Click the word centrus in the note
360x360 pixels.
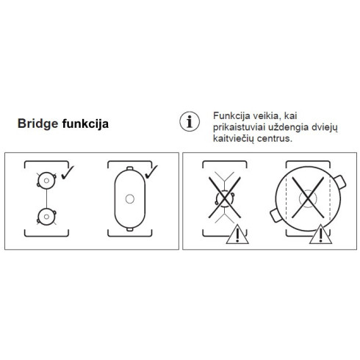coord(274,138)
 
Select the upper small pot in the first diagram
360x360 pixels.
coord(46,179)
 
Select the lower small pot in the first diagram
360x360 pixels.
coord(46,215)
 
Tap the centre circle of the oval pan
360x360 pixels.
coord(129,198)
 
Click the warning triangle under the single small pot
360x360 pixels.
coord(237,235)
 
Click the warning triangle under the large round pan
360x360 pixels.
coord(320,235)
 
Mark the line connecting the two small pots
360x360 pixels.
coord(46,197)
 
